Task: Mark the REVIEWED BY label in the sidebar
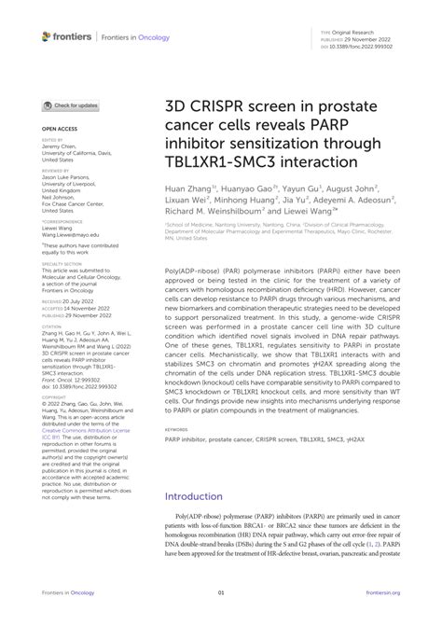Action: click(55, 171)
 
